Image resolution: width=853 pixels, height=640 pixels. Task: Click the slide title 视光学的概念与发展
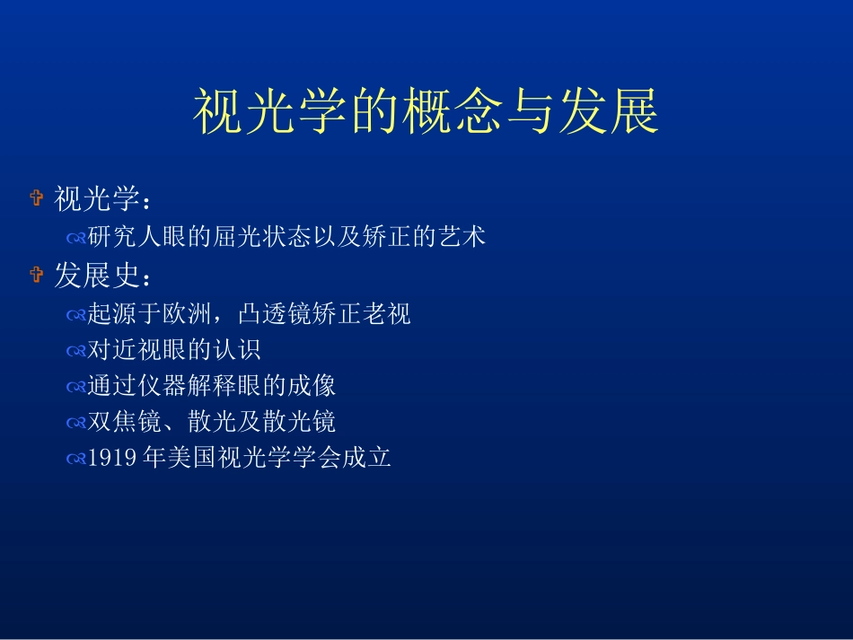pyautogui.click(x=426, y=113)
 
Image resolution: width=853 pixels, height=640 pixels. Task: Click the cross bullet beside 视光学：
pyautogui.click(x=36, y=198)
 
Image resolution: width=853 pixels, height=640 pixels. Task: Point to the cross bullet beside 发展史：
pyautogui.click(x=36, y=275)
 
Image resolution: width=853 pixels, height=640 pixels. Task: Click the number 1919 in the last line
pyautogui.click(x=112, y=459)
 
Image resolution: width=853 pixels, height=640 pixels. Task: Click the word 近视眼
pyautogui.click(x=158, y=350)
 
